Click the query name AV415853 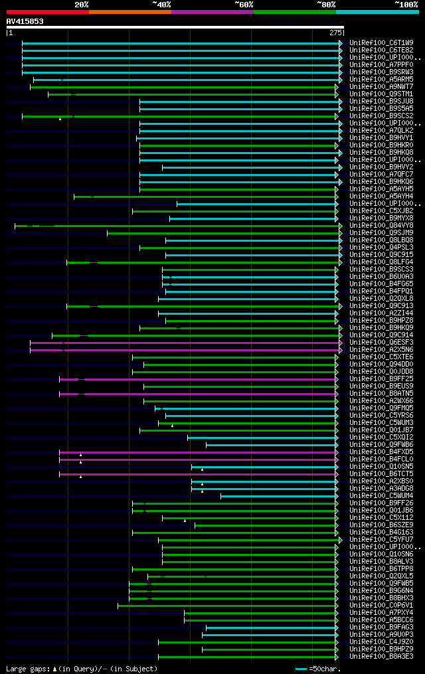tap(25, 21)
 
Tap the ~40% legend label tap(161, 4)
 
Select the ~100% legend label tap(406, 4)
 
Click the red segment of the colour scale tap(47, 12)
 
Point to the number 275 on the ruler tap(335, 33)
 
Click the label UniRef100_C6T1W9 tap(381, 43)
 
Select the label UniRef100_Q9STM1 tap(381, 94)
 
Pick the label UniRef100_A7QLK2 tap(381, 131)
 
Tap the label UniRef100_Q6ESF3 tap(381, 343)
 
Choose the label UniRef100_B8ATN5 tap(381, 394)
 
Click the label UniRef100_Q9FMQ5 tap(381, 408)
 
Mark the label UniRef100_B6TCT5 tap(381, 474)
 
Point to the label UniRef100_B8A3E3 tap(381, 657)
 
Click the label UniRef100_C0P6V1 tap(381, 606)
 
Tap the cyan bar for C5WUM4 tap(279, 496)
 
